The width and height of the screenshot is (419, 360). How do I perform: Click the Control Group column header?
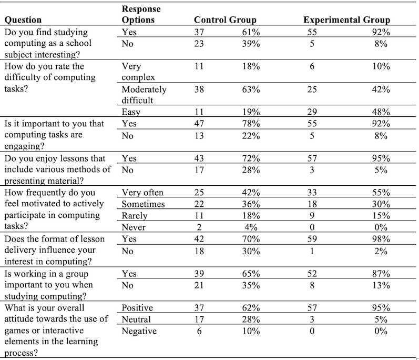coord(225,20)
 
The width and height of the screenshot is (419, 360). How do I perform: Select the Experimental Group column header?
coord(346,20)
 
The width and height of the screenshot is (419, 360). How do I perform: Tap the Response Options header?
coord(141,14)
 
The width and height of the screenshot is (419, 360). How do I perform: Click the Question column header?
coord(23,20)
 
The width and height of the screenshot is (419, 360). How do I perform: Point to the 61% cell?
coord(251,32)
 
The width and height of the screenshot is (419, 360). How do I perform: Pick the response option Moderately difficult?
coord(144,95)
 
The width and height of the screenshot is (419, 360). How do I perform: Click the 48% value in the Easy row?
coord(381,112)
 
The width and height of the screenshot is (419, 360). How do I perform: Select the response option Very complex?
coord(138,72)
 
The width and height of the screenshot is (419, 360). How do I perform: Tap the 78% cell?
coord(251,124)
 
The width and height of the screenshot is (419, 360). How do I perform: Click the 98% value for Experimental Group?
coord(381,239)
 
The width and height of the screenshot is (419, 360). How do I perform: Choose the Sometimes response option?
coord(143,204)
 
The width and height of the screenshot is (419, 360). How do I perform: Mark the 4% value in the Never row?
coord(251,227)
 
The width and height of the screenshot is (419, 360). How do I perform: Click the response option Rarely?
coord(135,216)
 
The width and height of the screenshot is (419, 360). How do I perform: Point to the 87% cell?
coord(381,274)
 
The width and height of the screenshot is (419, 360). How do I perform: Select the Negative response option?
coord(139,331)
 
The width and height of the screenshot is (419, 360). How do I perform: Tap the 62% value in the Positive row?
coord(251,308)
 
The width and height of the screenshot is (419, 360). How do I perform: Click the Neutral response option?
coord(136,319)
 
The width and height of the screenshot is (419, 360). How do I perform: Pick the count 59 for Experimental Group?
coord(312,239)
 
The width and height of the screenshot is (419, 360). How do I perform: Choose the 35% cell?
coord(251,285)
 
